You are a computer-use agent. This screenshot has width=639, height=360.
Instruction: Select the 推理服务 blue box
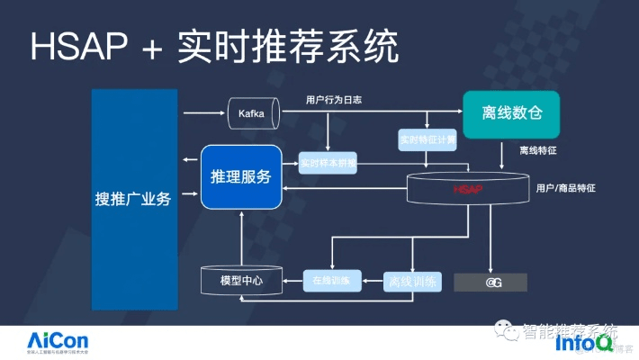point(240,176)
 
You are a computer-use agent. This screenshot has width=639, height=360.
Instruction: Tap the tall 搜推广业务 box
point(133,199)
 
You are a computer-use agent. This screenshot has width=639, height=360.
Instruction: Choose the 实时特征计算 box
point(427,140)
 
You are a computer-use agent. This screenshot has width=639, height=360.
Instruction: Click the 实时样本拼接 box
point(328,164)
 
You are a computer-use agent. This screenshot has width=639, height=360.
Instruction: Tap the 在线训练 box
point(331,281)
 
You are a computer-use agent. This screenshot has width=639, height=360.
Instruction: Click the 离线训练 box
point(412,281)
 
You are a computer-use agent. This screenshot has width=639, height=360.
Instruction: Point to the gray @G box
point(493,283)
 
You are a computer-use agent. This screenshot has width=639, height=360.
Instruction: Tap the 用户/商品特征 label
point(565,188)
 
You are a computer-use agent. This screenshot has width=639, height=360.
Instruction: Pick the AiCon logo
point(57,341)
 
